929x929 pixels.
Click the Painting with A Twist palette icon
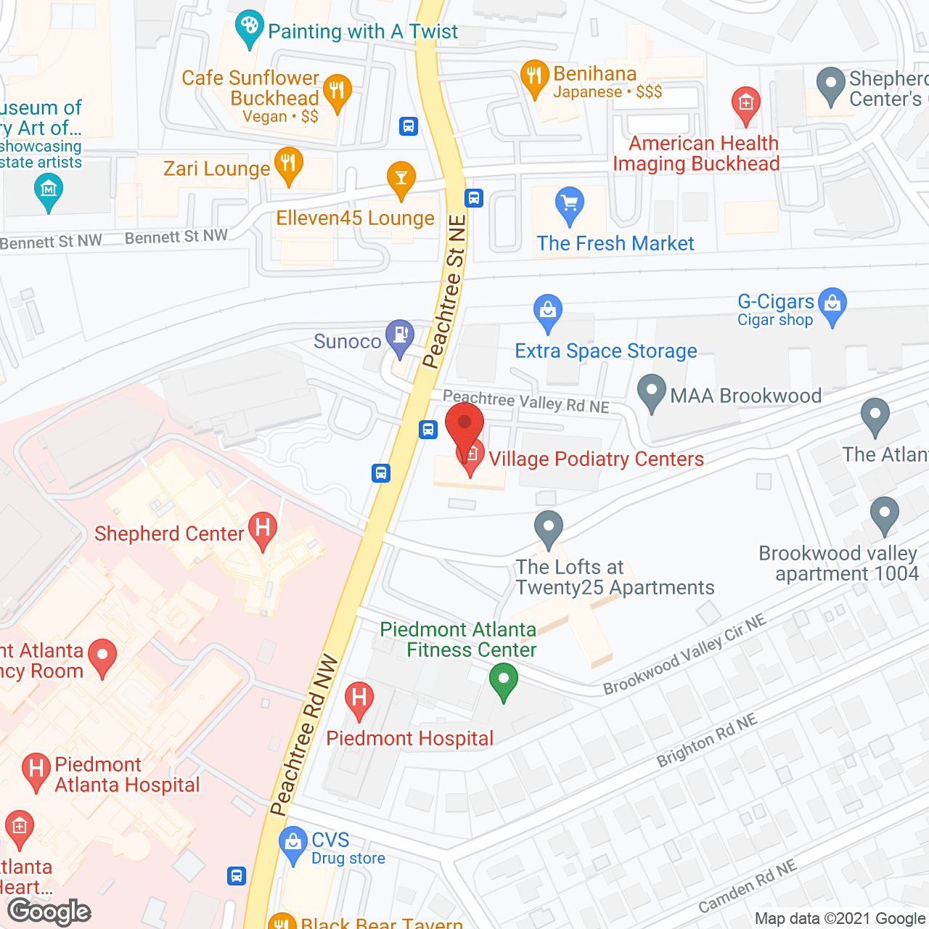(250, 28)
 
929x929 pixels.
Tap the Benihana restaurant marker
(534, 76)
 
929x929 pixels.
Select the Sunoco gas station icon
(399, 336)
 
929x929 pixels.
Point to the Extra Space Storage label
(605, 351)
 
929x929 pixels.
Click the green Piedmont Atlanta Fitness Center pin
(503, 682)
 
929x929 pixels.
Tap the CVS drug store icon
(293, 843)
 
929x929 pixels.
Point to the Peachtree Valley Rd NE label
(526, 401)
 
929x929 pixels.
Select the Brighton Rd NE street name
(707, 740)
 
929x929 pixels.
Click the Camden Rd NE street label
(748, 887)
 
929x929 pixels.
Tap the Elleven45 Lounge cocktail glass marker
(401, 178)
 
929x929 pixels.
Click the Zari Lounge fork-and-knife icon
(288, 164)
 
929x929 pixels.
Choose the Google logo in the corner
(49, 912)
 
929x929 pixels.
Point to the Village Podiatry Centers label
(596, 459)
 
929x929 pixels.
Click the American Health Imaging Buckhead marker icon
(745, 104)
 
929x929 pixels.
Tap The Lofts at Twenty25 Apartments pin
(549, 528)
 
